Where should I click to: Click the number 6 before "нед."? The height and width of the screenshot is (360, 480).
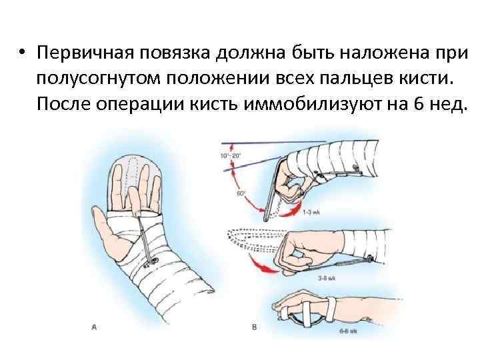[404, 105]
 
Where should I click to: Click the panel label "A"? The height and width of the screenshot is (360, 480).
[94, 327]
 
